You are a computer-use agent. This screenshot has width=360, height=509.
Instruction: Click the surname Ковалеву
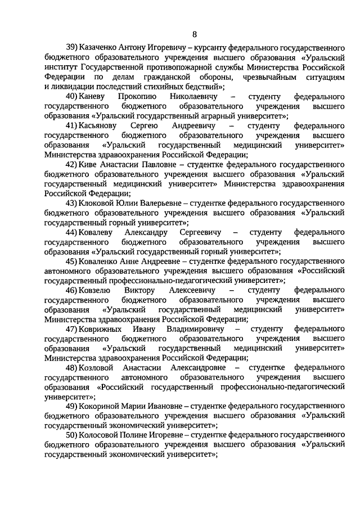pyautogui.click(x=102, y=232)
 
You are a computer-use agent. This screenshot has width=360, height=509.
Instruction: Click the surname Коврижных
pyautogui.click(x=103, y=328)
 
